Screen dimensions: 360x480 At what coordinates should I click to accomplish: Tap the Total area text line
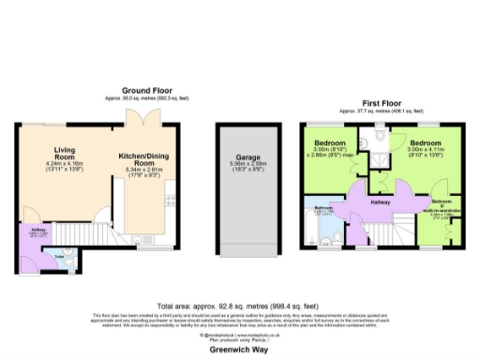[x=239, y=305]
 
